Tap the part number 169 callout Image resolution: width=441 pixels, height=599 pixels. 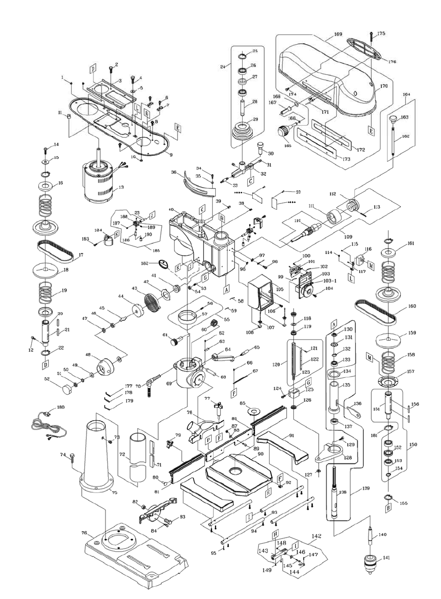pos(338,34)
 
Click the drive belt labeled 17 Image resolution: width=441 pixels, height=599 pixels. pos(55,250)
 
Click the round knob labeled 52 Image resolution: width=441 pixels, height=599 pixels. pos(67,390)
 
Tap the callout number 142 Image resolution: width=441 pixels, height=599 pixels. pos(316,536)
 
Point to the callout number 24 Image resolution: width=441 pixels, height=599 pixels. pos(223,67)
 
